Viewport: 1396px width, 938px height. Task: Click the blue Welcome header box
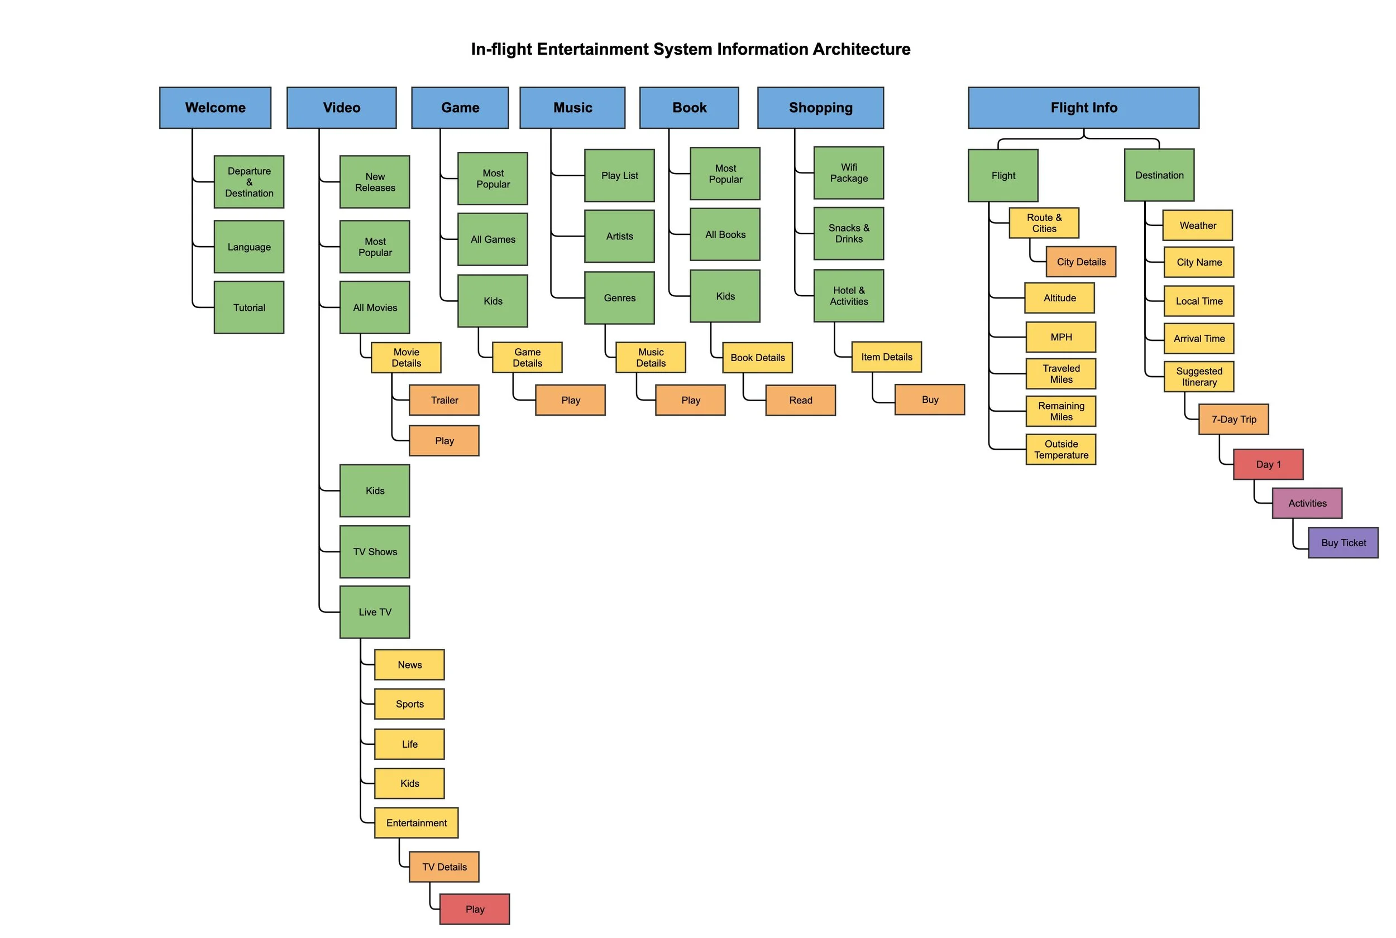(x=215, y=108)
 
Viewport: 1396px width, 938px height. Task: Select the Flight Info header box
(x=1083, y=108)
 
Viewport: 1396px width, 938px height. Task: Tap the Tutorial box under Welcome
(x=249, y=307)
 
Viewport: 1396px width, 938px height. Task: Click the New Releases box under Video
(x=375, y=182)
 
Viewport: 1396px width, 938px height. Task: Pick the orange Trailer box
(x=444, y=400)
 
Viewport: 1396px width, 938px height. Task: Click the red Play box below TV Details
(x=475, y=910)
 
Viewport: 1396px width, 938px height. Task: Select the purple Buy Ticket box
(x=1343, y=542)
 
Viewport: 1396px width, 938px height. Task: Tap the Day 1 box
(x=1268, y=464)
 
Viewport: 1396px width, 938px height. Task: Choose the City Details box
(x=1081, y=262)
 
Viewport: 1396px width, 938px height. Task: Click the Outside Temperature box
(x=1061, y=449)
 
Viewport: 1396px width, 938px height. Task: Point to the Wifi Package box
(x=848, y=173)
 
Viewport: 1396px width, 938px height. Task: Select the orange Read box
(x=800, y=400)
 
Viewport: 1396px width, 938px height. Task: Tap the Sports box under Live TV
(x=409, y=704)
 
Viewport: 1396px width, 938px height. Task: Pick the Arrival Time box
(x=1198, y=339)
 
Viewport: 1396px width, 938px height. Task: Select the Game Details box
(x=527, y=358)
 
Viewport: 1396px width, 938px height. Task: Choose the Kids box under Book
(x=725, y=296)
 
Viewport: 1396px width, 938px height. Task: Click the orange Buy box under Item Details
(x=930, y=400)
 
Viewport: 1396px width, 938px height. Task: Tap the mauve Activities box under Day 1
(x=1307, y=503)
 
